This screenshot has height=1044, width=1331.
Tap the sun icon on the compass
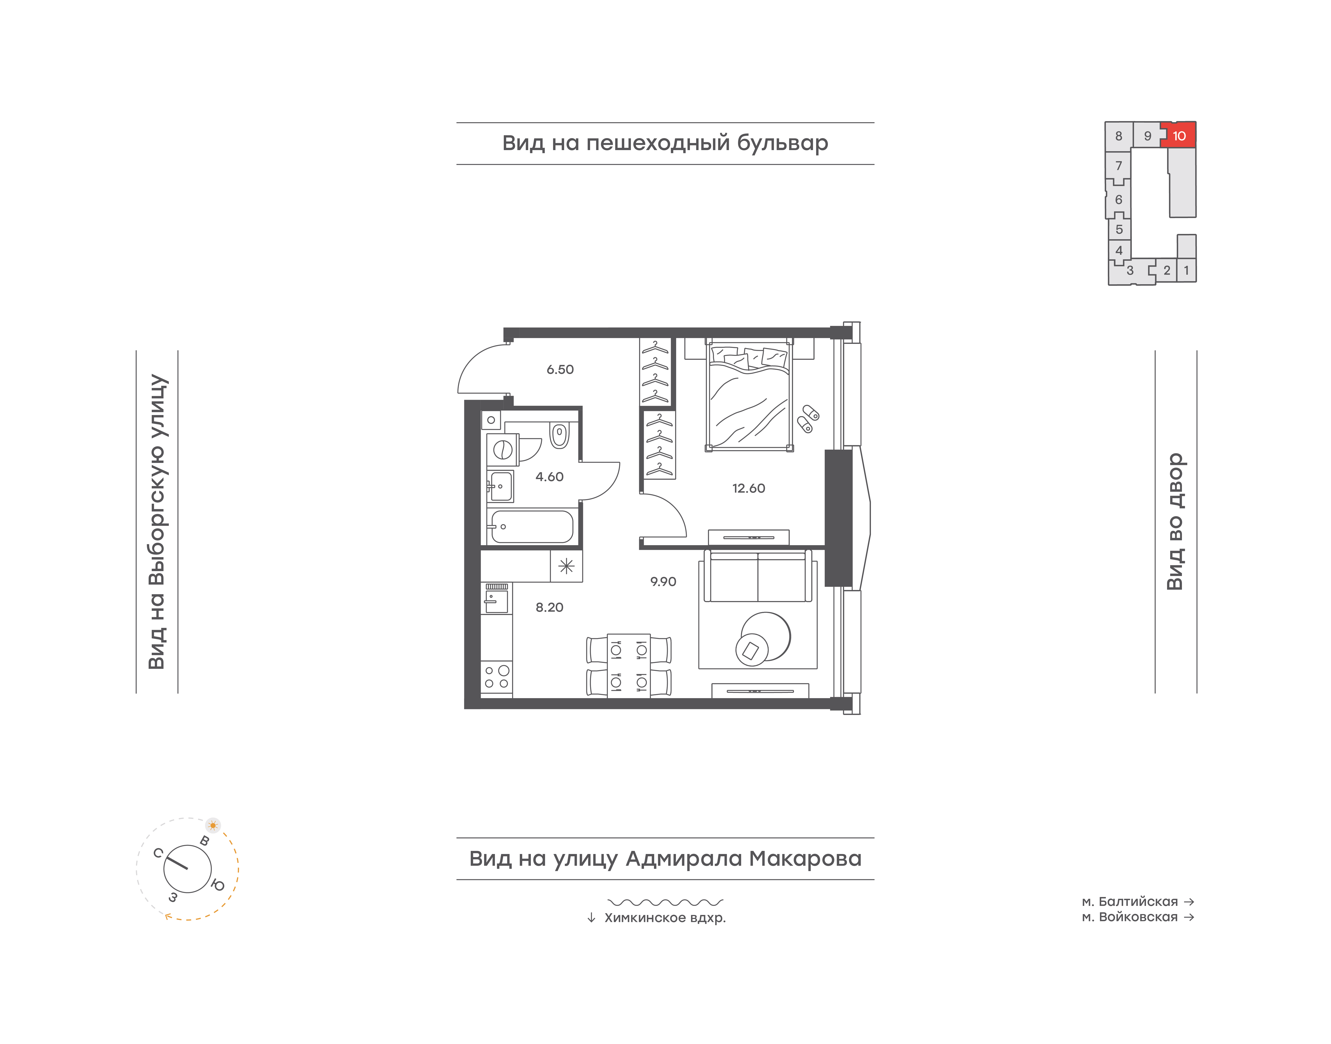click(x=213, y=825)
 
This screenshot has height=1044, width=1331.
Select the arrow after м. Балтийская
click(x=1189, y=902)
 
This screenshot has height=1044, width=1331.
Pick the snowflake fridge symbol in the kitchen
click(x=566, y=566)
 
